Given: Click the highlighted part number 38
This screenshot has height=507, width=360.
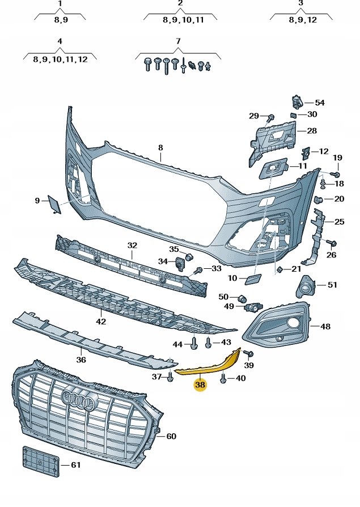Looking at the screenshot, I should point(200,385).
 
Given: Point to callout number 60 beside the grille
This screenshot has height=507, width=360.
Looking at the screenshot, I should point(171,436).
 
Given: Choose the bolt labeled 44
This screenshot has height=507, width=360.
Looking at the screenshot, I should point(194,343).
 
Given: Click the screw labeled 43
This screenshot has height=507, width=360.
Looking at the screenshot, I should point(209,342).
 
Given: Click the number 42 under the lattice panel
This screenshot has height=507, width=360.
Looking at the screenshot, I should point(101,322).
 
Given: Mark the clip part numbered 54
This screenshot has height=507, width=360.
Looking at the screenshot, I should point(297,103).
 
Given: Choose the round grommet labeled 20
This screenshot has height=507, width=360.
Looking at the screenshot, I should point(320,199).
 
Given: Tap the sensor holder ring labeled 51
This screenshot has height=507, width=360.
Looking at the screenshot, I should point(307,286).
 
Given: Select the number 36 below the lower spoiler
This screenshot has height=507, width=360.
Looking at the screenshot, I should point(81,360).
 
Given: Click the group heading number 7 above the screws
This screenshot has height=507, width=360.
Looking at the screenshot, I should point(177,41).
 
